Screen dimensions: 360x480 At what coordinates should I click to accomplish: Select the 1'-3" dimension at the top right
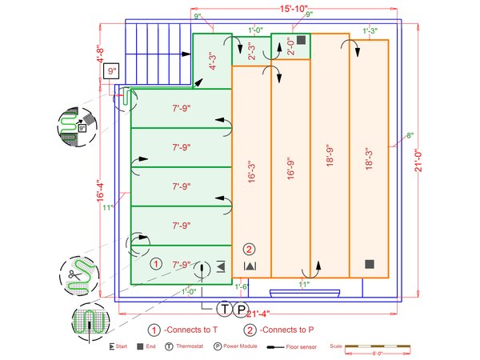[x=370, y=32]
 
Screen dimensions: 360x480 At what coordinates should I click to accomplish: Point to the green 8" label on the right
[x=410, y=135]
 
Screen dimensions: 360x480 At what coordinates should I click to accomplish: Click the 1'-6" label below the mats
[x=242, y=286]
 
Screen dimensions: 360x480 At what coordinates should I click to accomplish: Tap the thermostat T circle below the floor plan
[x=226, y=309]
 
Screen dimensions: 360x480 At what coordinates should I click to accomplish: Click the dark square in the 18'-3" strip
[x=369, y=264]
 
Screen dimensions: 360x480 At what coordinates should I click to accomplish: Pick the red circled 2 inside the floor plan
[x=249, y=249]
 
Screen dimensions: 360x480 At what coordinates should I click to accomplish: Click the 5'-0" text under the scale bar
[x=369, y=352]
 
